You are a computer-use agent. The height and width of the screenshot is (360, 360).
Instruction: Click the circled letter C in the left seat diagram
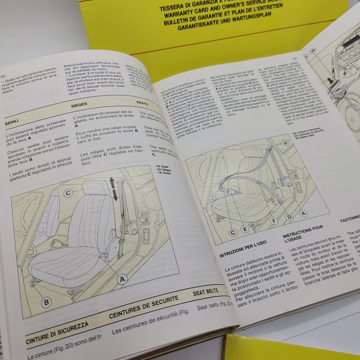tap(68, 194)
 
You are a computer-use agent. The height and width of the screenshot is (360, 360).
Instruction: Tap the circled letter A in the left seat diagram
tap(122, 279)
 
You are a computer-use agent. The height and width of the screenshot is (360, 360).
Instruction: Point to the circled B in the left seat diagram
tap(46, 302)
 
